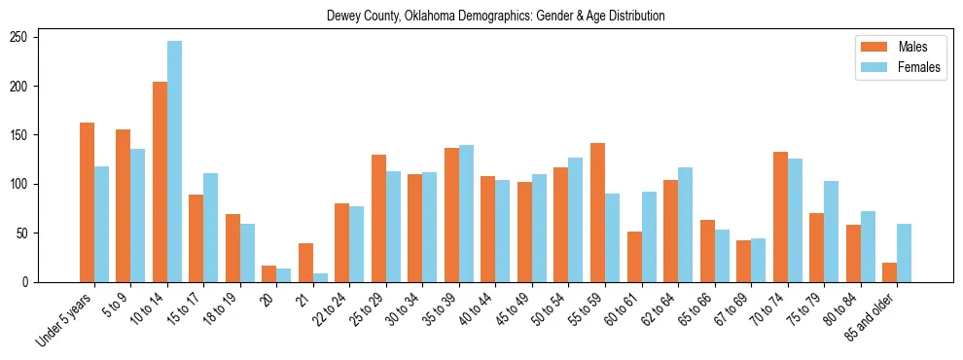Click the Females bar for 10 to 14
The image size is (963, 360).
[x=174, y=162]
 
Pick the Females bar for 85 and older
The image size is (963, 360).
[x=904, y=253]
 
